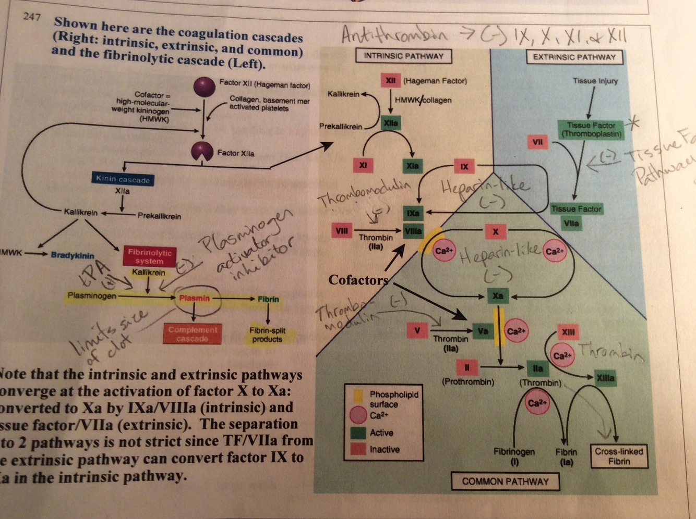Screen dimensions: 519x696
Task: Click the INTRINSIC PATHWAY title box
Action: coord(403,56)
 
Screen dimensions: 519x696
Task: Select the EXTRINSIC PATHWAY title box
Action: coord(574,57)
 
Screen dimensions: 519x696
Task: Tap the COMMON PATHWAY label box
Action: coord(505,481)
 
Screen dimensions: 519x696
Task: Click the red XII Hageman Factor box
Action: coord(390,81)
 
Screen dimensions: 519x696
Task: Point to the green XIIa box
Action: coord(390,123)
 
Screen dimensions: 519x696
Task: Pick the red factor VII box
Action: coord(537,142)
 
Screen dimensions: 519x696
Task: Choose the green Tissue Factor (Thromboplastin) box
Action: coord(591,129)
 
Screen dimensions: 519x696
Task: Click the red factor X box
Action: coord(495,231)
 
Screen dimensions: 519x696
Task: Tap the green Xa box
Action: coord(498,296)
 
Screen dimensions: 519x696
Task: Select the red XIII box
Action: coord(568,332)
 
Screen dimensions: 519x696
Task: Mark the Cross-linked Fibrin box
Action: coord(619,456)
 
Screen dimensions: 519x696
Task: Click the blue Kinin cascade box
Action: coord(123,179)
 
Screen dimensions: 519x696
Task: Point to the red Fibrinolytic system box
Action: coord(149,256)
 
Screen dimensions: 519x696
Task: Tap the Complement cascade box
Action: coord(193,334)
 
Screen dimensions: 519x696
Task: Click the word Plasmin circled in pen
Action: coord(194,298)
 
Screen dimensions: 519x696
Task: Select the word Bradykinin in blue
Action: coord(73,255)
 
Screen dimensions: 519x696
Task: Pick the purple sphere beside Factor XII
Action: coord(204,86)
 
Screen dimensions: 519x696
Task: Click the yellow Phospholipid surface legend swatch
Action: coord(358,396)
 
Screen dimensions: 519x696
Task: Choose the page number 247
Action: coord(32,17)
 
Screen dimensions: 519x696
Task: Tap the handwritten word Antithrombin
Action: coord(394,35)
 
